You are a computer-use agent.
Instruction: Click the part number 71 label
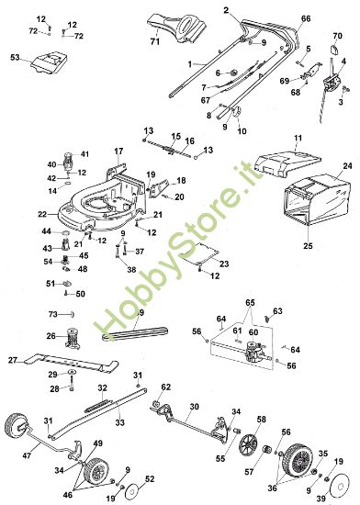pos(155,42)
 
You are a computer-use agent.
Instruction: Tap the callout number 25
pos(308,246)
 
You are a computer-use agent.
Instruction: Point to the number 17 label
pos(118,151)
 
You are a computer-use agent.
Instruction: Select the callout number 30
pos(194,406)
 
